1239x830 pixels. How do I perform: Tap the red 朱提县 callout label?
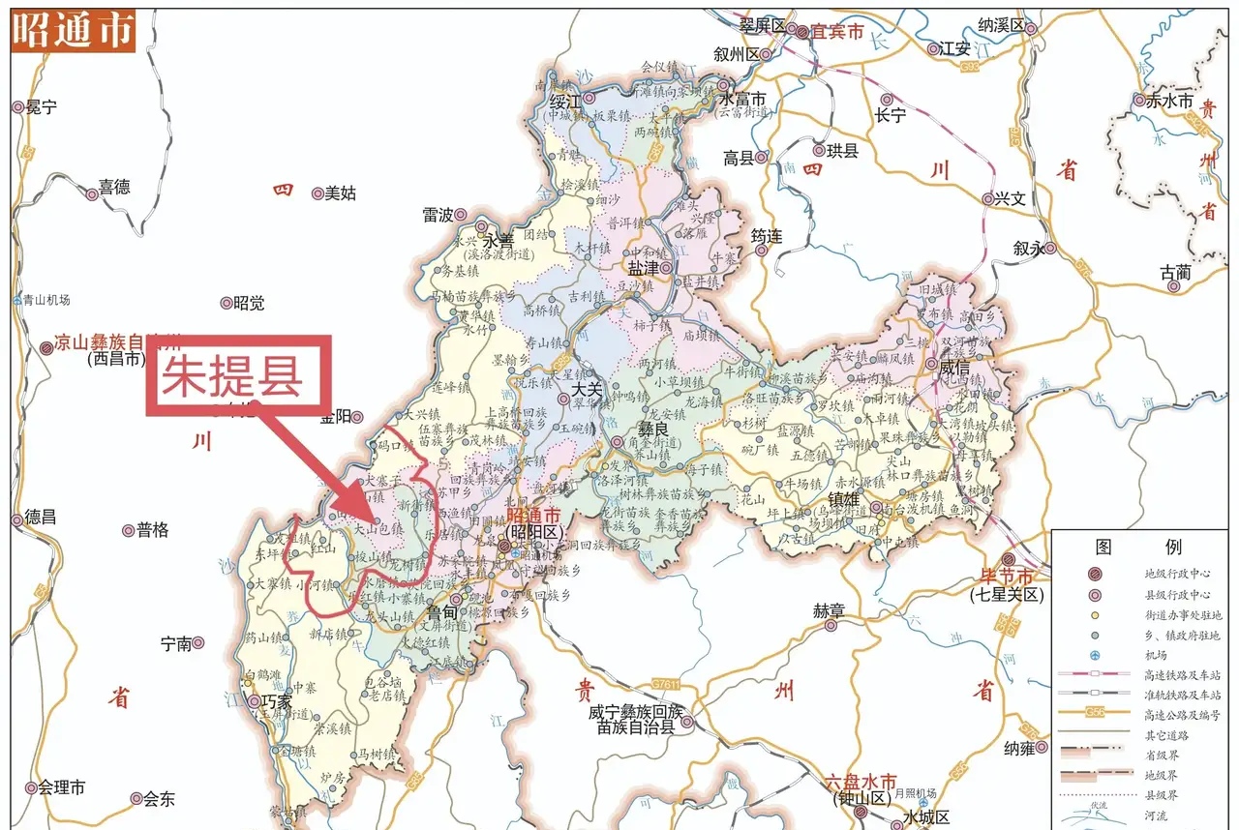232,376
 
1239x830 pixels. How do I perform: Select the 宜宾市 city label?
836,31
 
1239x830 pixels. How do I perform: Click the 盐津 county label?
645,268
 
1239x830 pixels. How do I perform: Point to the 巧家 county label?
272,700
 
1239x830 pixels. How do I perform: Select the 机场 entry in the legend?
1157,655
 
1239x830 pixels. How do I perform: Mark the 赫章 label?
829,610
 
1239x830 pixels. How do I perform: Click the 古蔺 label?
1176,274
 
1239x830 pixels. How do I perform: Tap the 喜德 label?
114,188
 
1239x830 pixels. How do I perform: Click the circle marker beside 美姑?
317,193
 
